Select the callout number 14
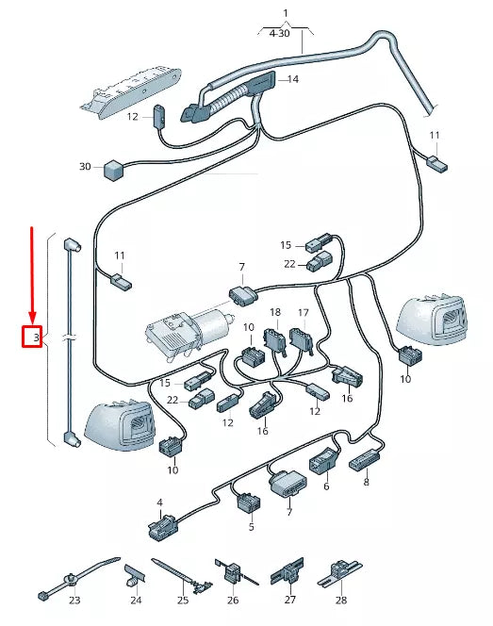click(x=292, y=80)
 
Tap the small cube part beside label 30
click(x=115, y=169)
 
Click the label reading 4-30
click(x=280, y=33)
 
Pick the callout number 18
click(x=275, y=311)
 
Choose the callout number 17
click(x=304, y=311)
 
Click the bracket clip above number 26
click(x=229, y=571)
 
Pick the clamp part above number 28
click(x=339, y=571)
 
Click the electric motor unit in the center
click(x=189, y=329)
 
